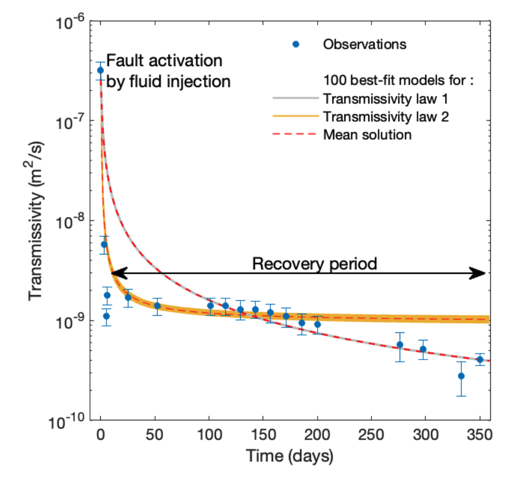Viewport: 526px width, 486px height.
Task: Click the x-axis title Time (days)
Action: coord(289,457)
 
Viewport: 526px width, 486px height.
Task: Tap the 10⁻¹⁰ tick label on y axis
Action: coord(66,421)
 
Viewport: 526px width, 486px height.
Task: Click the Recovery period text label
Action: coord(314,264)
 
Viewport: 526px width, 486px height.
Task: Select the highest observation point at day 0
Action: coord(100,70)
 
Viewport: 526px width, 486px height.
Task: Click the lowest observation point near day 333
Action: coord(461,376)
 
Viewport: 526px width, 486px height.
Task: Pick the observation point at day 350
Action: coord(480,360)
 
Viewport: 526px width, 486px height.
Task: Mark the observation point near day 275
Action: coord(400,345)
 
